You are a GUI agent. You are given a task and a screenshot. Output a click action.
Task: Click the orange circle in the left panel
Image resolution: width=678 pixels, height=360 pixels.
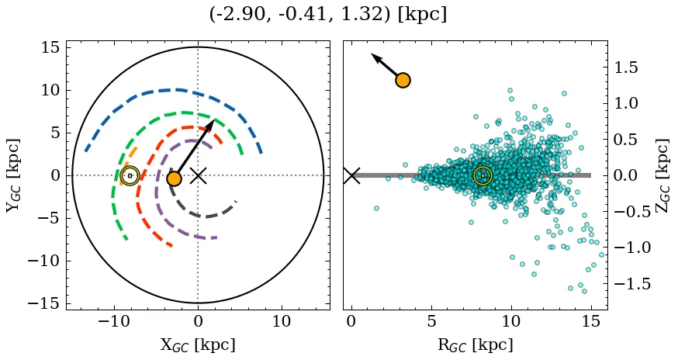tap(174, 178)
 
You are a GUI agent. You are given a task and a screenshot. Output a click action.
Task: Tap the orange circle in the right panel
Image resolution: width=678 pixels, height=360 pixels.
tap(403, 80)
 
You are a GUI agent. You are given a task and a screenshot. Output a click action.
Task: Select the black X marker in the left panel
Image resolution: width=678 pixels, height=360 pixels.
tap(198, 175)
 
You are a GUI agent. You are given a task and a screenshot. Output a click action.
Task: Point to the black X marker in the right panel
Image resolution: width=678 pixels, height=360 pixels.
tap(351, 175)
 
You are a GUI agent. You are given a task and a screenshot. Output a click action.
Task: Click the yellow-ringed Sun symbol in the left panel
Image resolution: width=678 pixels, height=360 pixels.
tap(130, 175)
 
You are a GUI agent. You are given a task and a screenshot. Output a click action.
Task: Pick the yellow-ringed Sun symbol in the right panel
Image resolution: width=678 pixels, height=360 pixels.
tap(483, 176)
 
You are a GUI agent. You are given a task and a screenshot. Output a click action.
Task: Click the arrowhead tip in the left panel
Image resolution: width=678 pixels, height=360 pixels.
tap(214, 119)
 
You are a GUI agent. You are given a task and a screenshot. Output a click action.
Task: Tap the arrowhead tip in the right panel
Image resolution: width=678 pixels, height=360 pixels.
tap(371, 54)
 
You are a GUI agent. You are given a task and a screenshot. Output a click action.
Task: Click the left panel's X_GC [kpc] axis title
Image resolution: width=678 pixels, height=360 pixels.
tap(198, 344)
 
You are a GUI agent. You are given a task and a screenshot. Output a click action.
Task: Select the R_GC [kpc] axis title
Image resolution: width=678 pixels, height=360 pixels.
tap(475, 344)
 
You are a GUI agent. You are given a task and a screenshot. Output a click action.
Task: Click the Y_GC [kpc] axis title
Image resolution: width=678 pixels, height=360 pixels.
tap(13, 175)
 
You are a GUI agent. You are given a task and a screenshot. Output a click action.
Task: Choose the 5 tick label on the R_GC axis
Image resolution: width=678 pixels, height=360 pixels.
tap(431, 320)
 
